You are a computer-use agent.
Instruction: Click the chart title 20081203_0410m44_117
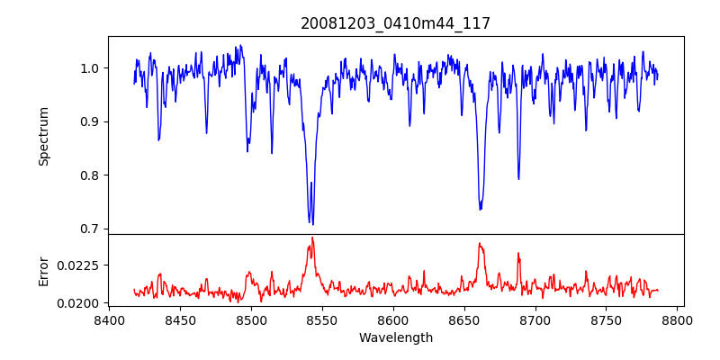point(395,23)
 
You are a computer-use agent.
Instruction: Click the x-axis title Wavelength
point(395,338)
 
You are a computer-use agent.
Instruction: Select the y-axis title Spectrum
point(43,136)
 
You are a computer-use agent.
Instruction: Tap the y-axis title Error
point(43,271)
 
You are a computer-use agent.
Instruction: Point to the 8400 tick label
point(109,319)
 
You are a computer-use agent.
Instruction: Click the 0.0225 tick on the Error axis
point(81,265)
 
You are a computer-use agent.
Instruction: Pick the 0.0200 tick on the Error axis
point(81,303)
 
